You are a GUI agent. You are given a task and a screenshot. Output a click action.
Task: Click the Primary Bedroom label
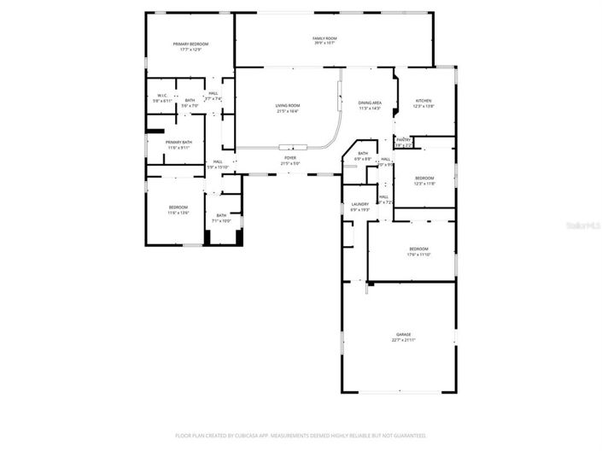click(x=190, y=44)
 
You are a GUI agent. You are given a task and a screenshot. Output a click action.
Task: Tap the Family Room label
click(x=324, y=38)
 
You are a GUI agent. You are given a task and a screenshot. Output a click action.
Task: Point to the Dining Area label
click(x=370, y=102)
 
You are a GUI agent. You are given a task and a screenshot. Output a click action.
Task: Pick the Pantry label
click(x=404, y=139)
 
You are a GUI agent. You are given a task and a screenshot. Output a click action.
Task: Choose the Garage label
click(x=403, y=334)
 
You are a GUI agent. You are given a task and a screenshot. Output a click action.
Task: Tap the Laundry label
click(x=359, y=204)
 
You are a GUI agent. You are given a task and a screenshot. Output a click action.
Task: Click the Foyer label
click(x=290, y=158)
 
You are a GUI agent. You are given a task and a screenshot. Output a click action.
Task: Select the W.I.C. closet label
click(x=162, y=96)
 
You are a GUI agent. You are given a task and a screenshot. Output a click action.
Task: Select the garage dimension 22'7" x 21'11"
click(x=403, y=340)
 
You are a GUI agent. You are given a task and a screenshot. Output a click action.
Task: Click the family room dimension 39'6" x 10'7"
click(x=324, y=44)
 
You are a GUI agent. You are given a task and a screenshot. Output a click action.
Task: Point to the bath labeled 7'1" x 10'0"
click(x=221, y=221)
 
